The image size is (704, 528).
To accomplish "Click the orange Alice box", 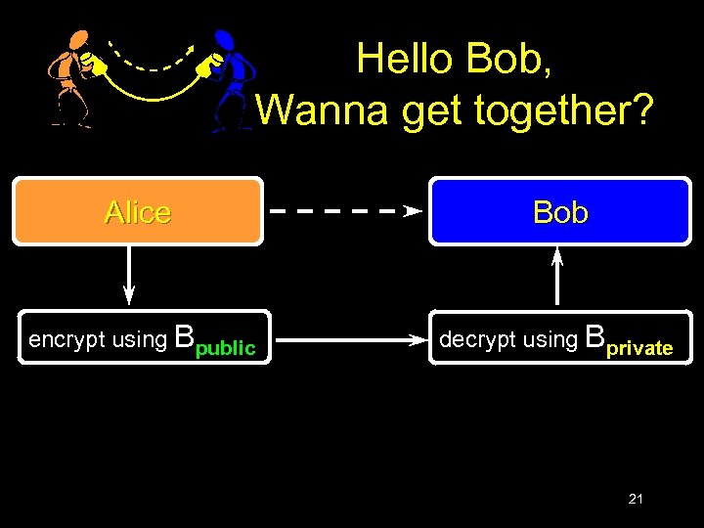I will click(x=137, y=210).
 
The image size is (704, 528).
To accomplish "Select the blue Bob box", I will click(x=560, y=210).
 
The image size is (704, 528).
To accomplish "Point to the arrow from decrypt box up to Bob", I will click(x=557, y=276).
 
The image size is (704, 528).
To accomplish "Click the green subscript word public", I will click(x=226, y=348).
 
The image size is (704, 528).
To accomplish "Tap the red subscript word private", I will click(x=639, y=348).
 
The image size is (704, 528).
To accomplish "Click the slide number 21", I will click(x=636, y=500).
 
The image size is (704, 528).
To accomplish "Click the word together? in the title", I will click(x=563, y=110).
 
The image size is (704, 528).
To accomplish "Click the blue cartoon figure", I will click(x=231, y=78).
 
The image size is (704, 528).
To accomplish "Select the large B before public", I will click(x=184, y=338).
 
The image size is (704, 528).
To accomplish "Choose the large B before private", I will click(x=594, y=338).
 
